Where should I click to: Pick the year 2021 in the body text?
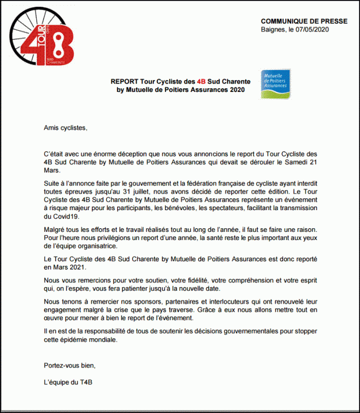click(x=81, y=268)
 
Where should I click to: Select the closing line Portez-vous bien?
click(x=70, y=366)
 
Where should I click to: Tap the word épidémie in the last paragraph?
click(x=77, y=340)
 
